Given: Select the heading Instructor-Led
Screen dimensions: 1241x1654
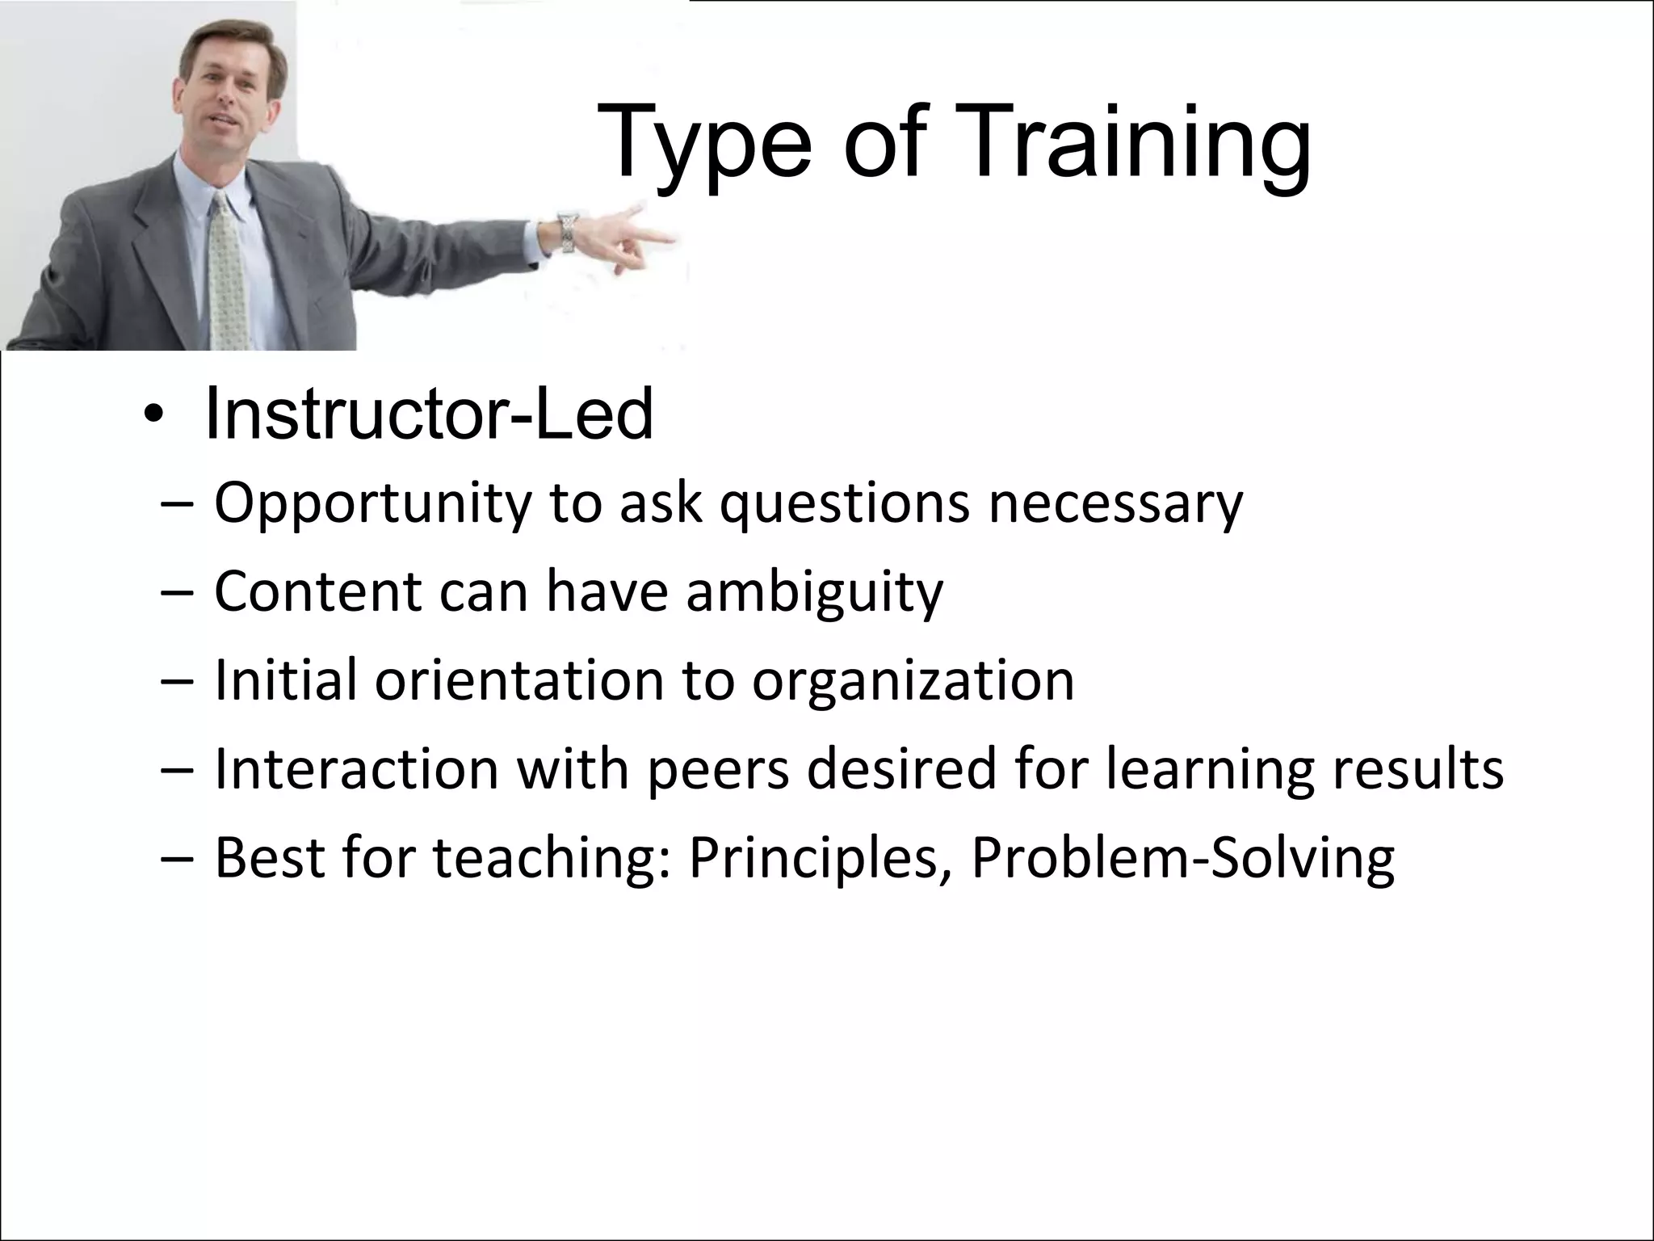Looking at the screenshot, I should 429,414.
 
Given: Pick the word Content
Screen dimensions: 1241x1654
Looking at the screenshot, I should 318,591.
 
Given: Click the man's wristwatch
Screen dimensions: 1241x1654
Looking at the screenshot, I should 568,232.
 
